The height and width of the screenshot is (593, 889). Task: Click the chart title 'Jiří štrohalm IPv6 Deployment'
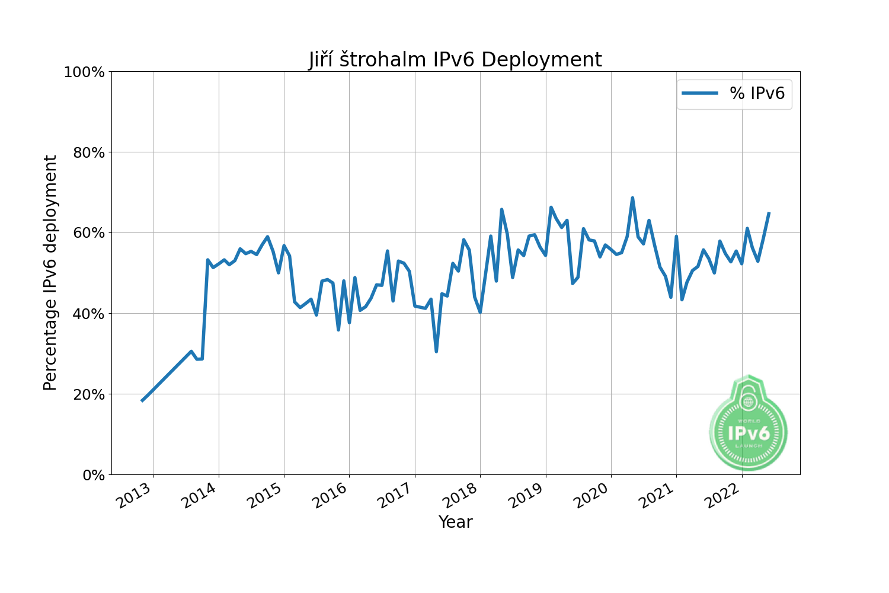pos(455,60)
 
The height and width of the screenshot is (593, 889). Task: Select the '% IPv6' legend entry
pos(734,94)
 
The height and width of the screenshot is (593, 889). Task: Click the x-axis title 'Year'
pos(455,522)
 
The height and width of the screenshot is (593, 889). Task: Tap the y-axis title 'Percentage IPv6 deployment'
pos(51,273)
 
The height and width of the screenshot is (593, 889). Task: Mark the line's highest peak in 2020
pos(632,198)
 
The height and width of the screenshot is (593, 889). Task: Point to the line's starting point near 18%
pos(142,400)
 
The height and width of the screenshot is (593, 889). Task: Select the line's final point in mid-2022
pos(769,213)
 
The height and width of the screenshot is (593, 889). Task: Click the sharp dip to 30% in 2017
pos(436,351)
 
